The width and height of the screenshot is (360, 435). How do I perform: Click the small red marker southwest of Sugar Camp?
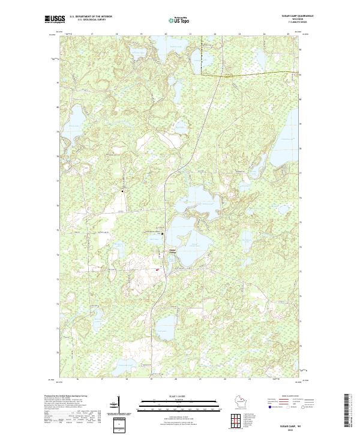(x=158, y=269)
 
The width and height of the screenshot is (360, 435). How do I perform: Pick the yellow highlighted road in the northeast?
(x=252, y=74)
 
